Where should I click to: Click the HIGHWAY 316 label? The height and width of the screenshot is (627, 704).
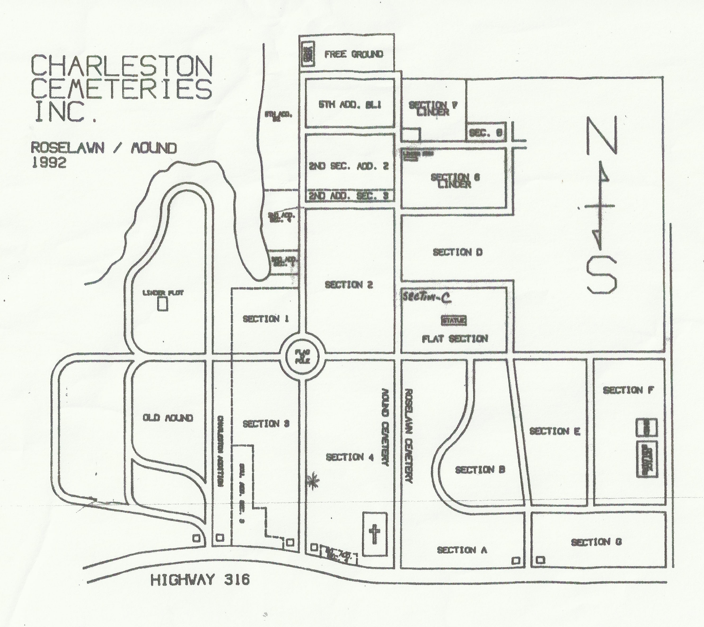[x=200, y=580]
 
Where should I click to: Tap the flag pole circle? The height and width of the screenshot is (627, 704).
[x=302, y=356]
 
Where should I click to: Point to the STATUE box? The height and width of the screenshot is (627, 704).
[x=454, y=321]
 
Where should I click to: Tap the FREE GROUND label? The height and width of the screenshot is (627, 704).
[x=354, y=54]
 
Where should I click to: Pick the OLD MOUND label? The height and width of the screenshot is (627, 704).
[x=168, y=418]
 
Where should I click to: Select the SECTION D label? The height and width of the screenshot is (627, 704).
[x=457, y=252]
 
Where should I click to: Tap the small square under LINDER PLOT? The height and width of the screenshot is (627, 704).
[x=162, y=305]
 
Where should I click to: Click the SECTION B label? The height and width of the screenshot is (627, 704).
[x=480, y=470]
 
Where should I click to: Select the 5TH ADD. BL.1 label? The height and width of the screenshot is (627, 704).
[x=350, y=105]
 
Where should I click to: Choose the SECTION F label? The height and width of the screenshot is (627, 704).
[x=628, y=390]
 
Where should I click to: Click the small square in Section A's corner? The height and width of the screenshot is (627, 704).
[x=515, y=560]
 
